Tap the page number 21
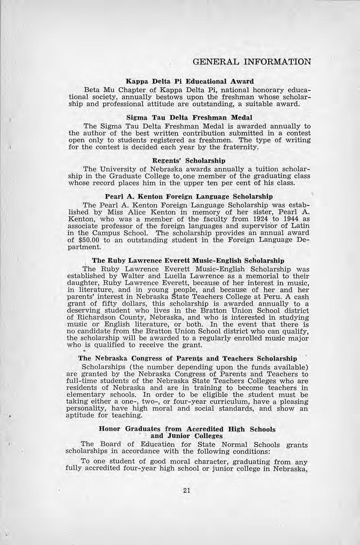point(186,491)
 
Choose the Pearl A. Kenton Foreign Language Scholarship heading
point(188,198)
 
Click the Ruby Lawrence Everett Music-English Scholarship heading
point(188,261)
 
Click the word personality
point(84,409)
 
